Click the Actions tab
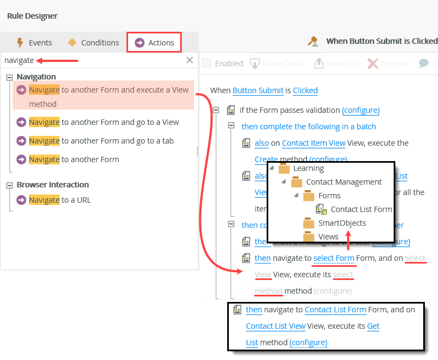pos(154,43)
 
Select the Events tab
pos(34,43)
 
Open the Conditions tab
pos(93,43)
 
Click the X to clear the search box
pos(189,60)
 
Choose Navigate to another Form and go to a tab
pos(101,141)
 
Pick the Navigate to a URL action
pos(60,200)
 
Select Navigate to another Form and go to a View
pos(103,122)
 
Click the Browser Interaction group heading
pos(53,185)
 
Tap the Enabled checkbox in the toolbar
pos(206,64)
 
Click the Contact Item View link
pos(314,143)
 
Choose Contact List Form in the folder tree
pos(361,209)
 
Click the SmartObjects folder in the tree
pos(342,223)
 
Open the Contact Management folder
pos(343,182)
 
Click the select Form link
pos(333,258)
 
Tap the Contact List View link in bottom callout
pos(275,326)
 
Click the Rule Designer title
pos(32,16)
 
